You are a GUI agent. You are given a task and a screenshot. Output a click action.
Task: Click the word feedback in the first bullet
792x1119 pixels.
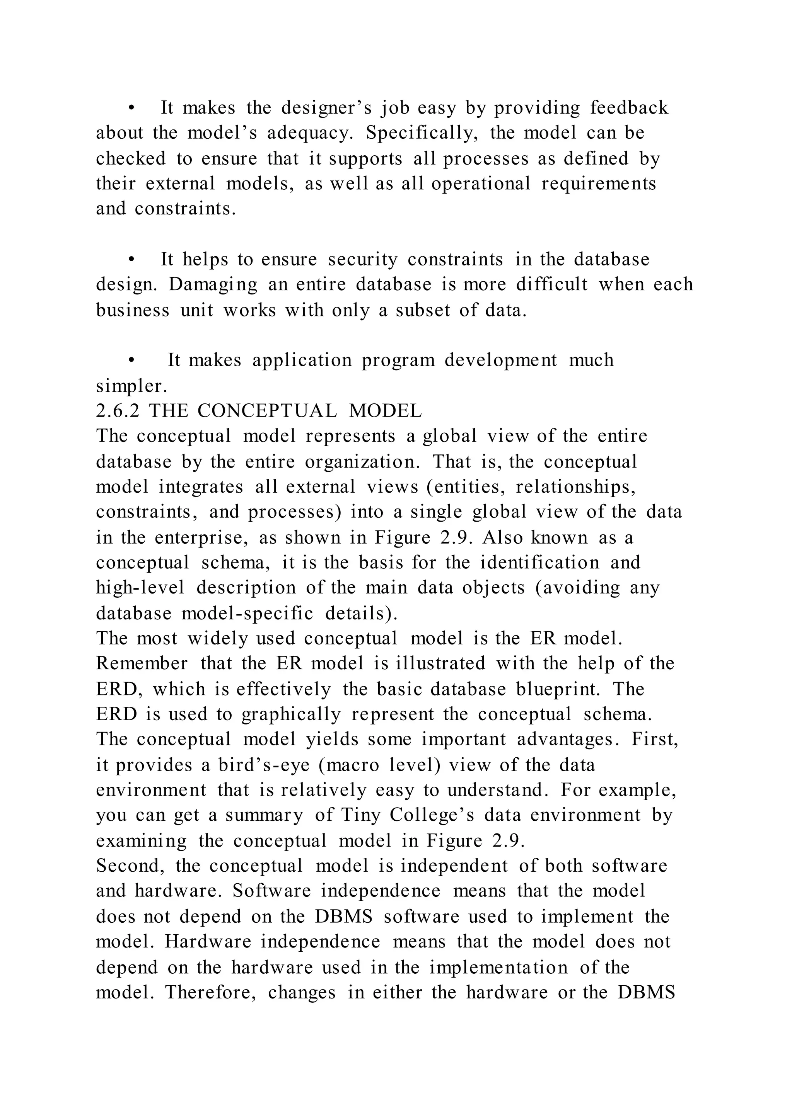[629, 108]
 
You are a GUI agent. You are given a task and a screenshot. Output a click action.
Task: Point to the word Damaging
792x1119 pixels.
[213, 285]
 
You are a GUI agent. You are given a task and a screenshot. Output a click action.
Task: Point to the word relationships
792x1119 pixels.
[576, 487]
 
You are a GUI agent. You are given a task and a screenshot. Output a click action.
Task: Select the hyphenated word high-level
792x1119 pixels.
[140, 588]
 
